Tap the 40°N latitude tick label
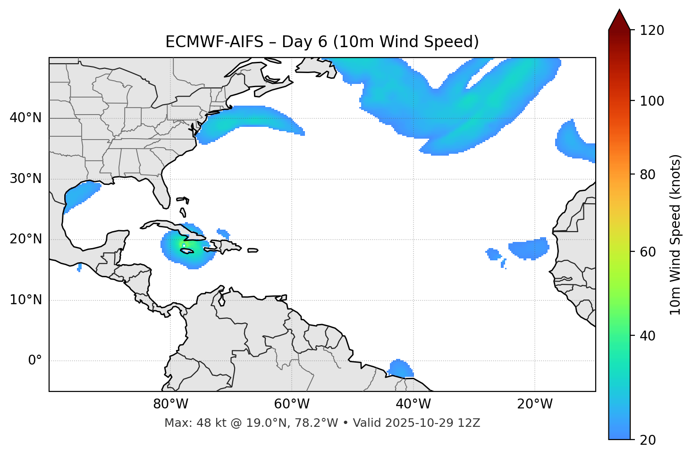[25, 118]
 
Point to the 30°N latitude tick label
[25, 179]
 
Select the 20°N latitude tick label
[25, 239]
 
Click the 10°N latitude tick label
[25, 300]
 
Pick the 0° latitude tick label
[34, 360]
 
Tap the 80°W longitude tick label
[170, 404]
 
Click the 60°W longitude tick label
[292, 404]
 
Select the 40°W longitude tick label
[413, 404]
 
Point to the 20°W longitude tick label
[534, 404]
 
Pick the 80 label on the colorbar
[650, 174]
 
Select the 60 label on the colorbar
[650, 252]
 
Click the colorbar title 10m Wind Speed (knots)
[675, 234]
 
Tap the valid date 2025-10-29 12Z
[432, 423]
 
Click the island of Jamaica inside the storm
[187, 251]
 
